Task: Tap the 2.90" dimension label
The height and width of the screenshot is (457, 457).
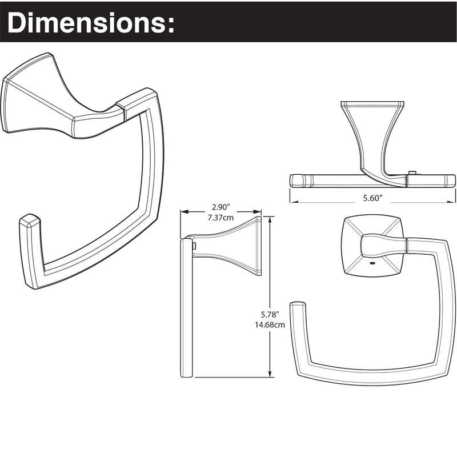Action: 221,207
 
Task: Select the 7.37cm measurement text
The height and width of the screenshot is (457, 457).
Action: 221,218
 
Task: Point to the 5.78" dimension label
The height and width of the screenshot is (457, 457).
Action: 270,315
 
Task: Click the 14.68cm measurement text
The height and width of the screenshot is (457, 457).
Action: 270,324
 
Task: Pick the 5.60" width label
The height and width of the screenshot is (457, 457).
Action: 372,198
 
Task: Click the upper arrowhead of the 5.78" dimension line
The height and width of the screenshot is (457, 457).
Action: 270,220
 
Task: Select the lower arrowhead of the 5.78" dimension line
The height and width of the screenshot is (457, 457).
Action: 270,374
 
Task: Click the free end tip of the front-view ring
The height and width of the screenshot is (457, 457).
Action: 298,304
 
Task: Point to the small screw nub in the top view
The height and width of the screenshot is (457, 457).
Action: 411,173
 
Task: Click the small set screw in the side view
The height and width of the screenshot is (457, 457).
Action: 194,246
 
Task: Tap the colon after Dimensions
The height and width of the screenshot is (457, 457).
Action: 170,24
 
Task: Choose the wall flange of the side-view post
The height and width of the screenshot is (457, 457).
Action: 259,246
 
